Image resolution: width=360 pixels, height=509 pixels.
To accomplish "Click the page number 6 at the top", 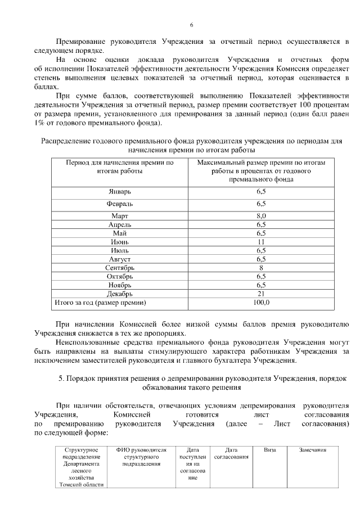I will [x=191, y=25].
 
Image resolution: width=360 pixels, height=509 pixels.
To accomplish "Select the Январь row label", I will [x=119, y=192].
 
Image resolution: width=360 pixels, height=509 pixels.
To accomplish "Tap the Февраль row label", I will [x=119, y=204].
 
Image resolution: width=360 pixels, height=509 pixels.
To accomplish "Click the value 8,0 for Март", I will [x=261, y=215].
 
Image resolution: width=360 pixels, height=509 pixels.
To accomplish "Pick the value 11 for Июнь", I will [x=261, y=242].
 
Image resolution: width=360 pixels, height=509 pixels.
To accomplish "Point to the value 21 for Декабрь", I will [x=261, y=294].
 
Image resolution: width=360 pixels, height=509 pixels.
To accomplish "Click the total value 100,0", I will [x=261, y=303].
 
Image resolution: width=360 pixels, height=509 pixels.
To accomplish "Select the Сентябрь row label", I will [x=119, y=268].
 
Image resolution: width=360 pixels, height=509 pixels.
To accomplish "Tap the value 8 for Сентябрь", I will [x=261, y=268].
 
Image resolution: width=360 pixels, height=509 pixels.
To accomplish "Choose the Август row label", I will [x=119, y=259].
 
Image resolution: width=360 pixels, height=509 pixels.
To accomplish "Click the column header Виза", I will [x=269, y=450].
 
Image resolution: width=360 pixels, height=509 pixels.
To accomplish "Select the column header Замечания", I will [x=313, y=450].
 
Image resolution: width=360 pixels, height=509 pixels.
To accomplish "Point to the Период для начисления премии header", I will [x=119, y=166].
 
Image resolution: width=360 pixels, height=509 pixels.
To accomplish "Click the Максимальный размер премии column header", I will [x=261, y=170].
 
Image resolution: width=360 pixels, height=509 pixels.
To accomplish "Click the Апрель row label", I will [x=119, y=224].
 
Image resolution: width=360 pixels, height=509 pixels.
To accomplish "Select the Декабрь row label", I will [x=119, y=294].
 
